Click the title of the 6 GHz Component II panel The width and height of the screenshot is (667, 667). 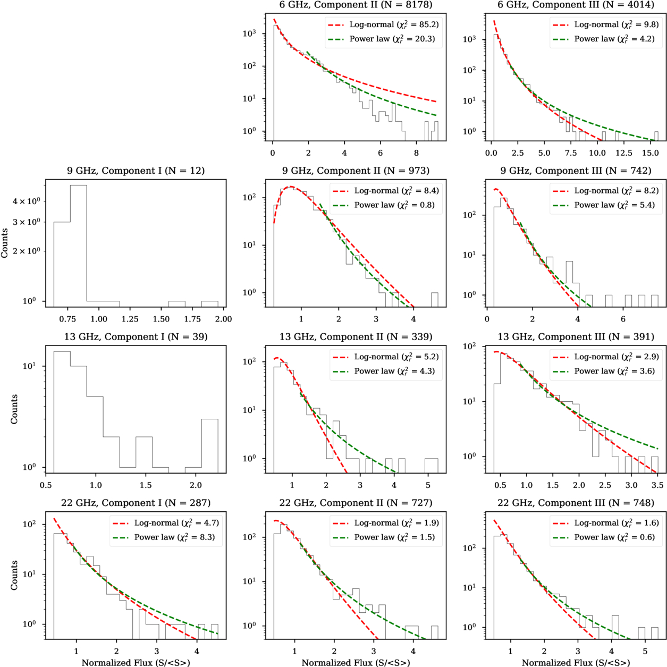[356, 4]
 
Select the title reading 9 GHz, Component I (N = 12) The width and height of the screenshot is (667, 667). [136, 171]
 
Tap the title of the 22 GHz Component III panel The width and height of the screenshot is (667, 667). [576, 503]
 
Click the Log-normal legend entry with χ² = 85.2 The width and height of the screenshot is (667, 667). [383, 24]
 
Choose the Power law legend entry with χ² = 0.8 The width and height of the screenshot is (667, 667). [384, 205]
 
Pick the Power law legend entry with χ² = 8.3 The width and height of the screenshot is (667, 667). [164, 537]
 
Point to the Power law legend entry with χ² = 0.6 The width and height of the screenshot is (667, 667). [604, 537]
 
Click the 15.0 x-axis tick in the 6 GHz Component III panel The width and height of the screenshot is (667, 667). [650, 153]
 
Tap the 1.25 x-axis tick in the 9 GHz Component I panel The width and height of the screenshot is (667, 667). [130, 319]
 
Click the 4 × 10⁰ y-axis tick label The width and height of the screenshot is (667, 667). [26, 201]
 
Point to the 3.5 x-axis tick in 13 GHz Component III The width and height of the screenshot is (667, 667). [657, 485]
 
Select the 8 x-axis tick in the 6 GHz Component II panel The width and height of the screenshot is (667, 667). [416, 153]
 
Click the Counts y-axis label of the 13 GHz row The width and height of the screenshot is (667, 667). [14, 409]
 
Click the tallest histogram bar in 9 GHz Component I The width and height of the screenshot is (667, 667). [78, 246]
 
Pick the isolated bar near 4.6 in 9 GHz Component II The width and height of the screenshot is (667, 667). [435, 300]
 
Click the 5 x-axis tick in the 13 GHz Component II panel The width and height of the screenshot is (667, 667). [428, 485]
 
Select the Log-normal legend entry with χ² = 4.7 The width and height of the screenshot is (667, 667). [166, 523]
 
